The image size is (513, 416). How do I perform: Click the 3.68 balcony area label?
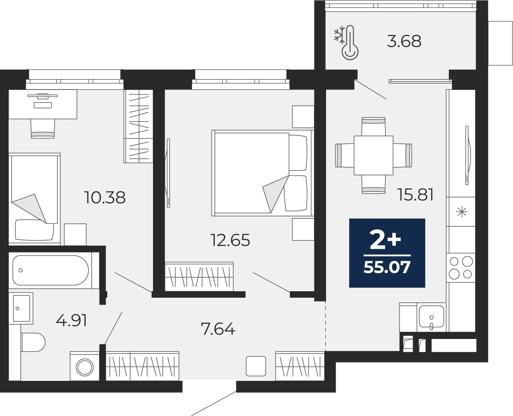coord(404,41)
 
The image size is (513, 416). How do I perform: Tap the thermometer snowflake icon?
coord(346,43)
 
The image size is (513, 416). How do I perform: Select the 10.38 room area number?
coord(105,197)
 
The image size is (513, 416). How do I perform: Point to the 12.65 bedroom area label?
coord(230,240)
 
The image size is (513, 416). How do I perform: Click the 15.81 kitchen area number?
coord(416,195)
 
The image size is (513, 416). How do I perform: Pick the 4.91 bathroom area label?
coord(72,320)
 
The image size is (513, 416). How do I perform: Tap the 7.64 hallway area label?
coord(218,329)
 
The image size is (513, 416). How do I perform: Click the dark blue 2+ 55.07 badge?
coord(387,253)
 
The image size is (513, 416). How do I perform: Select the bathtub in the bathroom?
coord(51,270)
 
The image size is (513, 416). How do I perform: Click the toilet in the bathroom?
coord(33,342)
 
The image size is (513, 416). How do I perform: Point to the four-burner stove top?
coord(461,267)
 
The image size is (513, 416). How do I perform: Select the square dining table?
coord(373,156)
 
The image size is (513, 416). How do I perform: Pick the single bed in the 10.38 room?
coord(34,199)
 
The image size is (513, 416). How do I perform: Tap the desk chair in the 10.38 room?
coord(43,129)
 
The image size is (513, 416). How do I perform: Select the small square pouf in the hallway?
coord(256,366)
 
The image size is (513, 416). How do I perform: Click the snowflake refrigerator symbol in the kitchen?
coord(462,213)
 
